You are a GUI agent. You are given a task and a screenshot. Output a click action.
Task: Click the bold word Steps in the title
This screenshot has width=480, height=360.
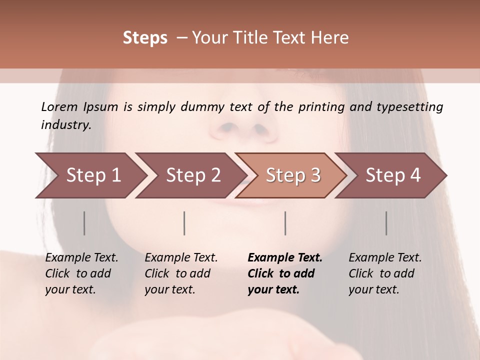145,38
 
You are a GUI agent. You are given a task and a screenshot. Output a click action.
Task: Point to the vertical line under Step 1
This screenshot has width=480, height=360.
84,223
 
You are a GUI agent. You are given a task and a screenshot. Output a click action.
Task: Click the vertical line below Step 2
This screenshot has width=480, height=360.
184,223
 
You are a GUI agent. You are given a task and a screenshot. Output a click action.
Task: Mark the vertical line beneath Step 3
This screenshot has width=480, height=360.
285,223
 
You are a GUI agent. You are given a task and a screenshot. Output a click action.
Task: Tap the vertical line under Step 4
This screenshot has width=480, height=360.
386,223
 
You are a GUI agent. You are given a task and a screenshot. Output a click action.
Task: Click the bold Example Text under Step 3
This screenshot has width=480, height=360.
285,257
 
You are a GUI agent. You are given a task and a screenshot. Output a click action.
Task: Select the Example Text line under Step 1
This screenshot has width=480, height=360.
81,257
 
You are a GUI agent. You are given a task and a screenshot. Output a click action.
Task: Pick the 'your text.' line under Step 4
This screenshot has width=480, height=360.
373,289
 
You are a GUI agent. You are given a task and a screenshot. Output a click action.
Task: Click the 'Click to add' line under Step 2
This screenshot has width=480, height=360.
177,273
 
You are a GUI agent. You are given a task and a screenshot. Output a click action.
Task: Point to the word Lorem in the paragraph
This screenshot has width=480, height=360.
59,106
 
